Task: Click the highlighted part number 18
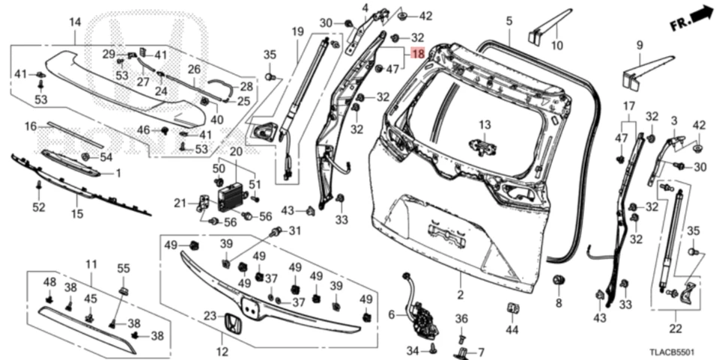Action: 417,55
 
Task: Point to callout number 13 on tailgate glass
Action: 484,125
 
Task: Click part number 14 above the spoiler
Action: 75,22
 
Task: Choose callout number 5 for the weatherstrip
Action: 509,21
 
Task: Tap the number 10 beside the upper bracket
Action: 556,46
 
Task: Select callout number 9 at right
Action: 639,45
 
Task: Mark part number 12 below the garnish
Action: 222,352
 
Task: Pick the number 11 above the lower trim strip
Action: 91,264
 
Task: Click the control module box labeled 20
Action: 231,198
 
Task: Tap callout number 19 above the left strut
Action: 297,31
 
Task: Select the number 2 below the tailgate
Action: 461,296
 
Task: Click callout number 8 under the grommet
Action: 558,303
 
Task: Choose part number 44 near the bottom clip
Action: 512,329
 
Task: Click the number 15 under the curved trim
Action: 77,214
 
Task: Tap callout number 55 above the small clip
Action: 124,267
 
